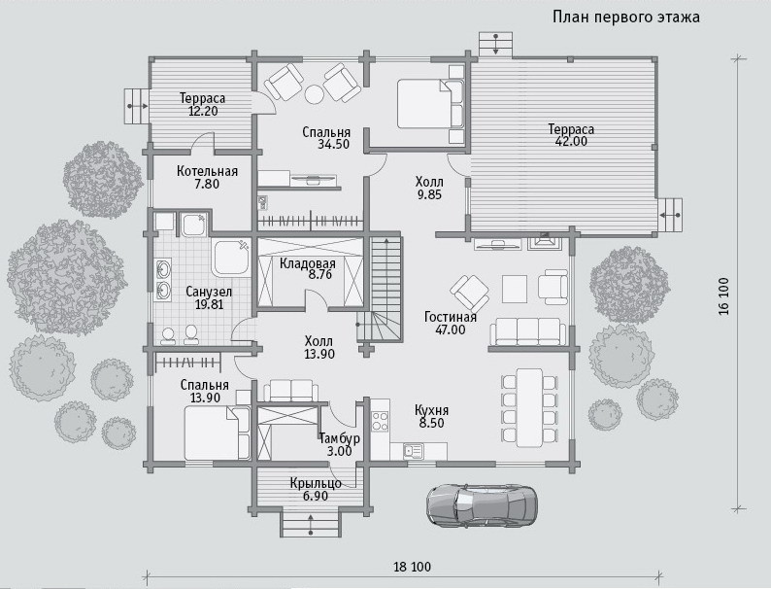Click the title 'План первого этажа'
pyautogui.click(x=626, y=17)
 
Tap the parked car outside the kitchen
pyautogui.click(x=482, y=504)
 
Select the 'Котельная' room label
pyautogui.click(x=207, y=171)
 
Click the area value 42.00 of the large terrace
pyautogui.click(x=570, y=142)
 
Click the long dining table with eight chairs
pyautogui.click(x=529, y=408)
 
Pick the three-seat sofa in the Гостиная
pyautogui.click(x=527, y=331)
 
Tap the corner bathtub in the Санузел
pyautogui.click(x=230, y=258)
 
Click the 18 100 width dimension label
pyautogui.click(x=412, y=567)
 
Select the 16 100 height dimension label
pyautogui.click(x=723, y=295)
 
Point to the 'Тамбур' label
pyautogui.click(x=339, y=438)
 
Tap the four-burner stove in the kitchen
pyautogui.click(x=380, y=421)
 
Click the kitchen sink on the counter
pyautogui.click(x=413, y=450)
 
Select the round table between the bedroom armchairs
pyautogui.click(x=314, y=93)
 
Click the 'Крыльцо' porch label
pyautogui.click(x=316, y=483)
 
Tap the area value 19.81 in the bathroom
pyautogui.click(x=210, y=304)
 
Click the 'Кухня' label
pyautogui.click(x=431, y=410)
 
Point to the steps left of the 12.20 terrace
pyautogui.click(x=136, y=106)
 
